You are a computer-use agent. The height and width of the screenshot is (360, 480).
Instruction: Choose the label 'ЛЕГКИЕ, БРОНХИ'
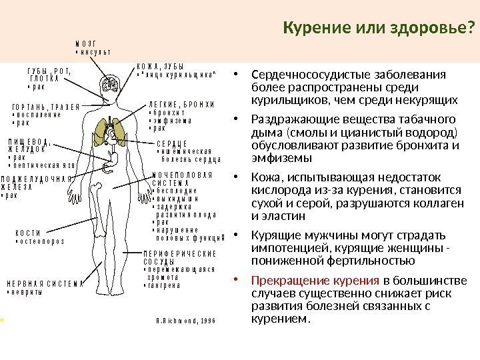pyautogui.click(x=181, y=105)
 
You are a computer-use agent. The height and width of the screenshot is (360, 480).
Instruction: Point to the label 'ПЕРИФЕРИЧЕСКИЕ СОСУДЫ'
pyautogui.click(x=181, y=257)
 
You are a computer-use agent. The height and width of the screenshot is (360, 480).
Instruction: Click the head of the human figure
pyautogui.click(x=109, y=84)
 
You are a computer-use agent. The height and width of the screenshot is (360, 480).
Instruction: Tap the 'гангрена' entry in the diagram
pyautogui.click(x=165, y=285)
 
